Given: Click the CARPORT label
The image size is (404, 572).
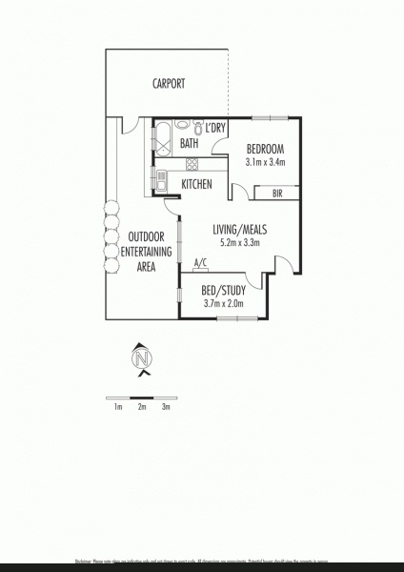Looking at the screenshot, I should pos(169,84).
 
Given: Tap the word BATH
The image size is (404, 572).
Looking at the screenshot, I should pos(190,144).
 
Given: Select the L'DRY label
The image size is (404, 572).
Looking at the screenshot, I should pos(215,128).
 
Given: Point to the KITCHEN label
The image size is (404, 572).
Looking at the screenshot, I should pos(196,184).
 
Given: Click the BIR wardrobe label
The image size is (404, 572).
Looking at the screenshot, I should pos(277,194).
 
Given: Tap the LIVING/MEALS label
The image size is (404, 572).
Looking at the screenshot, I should pos(239,230).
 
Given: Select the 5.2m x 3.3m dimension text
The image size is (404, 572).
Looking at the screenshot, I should pos(239,242).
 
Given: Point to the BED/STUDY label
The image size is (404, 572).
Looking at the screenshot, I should pos(223,292).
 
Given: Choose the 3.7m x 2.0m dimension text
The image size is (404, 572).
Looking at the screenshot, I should pos(223,304).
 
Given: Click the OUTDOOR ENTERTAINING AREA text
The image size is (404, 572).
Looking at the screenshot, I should pos(132,252).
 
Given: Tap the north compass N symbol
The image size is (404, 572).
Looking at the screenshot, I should pos(142,358).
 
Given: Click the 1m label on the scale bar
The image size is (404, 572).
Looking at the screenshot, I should pos(118,407).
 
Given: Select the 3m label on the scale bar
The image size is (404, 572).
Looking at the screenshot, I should pos(166,407).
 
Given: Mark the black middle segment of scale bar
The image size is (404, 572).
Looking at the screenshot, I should pos(142,396).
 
